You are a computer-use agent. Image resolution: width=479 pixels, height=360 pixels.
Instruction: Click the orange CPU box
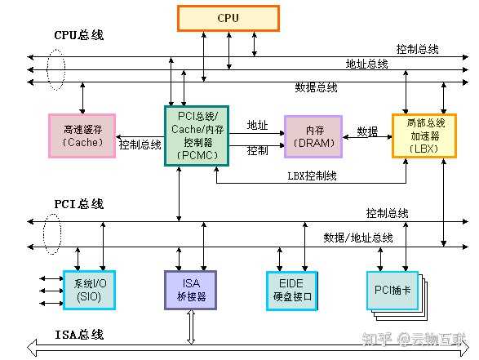(x=228, y=18)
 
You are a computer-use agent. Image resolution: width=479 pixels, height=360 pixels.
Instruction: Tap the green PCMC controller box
(x=196, y=135)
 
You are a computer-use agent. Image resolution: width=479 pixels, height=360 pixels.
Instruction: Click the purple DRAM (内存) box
(x=313, y=136)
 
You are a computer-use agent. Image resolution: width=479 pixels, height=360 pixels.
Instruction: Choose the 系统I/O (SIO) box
(x=86, y=290)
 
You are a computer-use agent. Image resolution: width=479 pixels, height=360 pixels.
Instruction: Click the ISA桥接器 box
(x=191, y=289)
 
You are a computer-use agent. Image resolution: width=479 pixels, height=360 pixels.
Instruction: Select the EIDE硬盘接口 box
(x=291, y=290)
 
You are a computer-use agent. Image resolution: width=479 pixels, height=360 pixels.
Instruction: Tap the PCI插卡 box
(x=391, y=289)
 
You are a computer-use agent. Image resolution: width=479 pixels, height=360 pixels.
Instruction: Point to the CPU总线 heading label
(x=79, y=36)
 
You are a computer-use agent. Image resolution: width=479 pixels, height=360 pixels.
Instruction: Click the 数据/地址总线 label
(x=358, y=238)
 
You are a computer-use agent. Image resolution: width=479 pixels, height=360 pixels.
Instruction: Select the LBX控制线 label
(x=313, y=176)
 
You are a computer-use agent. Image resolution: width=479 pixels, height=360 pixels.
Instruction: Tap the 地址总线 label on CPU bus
(x=366, y=64)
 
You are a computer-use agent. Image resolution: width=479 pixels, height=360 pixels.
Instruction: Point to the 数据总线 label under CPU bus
(x=316, y=87)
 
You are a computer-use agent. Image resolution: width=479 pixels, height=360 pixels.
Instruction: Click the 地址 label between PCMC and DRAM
(x=258, y=125)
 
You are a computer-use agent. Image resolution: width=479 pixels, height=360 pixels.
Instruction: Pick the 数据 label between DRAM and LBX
(x=367, y=131)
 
